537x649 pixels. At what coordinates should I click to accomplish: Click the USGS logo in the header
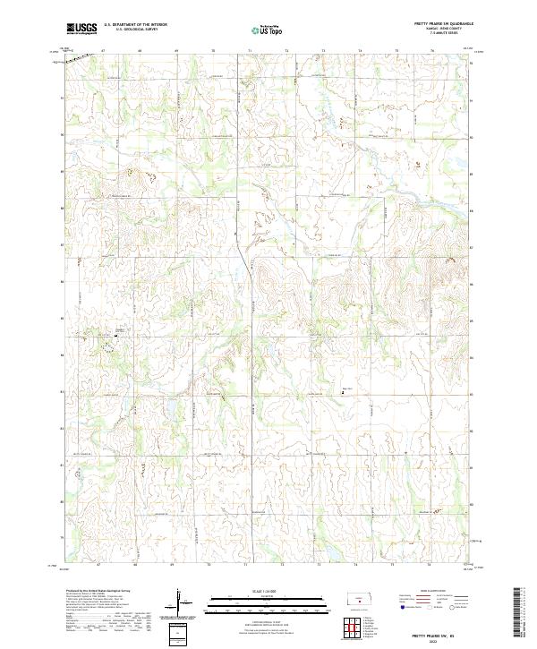pyautogui.click(x=81, y=29)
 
